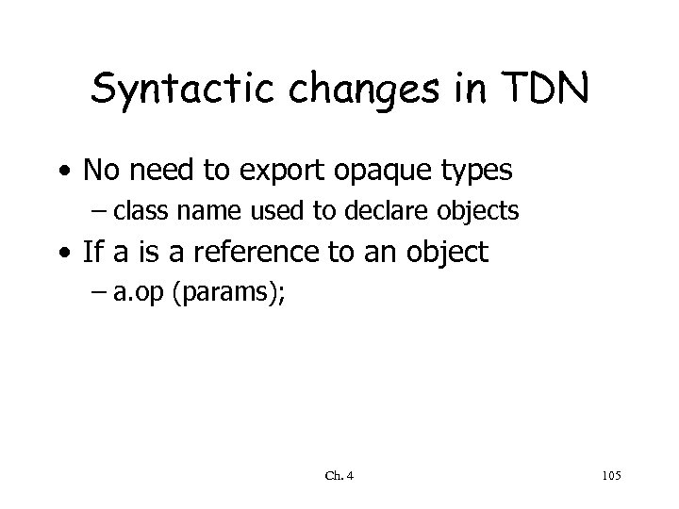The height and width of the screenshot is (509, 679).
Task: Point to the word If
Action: (x=95, y=252)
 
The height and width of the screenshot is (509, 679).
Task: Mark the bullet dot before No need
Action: (x=62, y=172)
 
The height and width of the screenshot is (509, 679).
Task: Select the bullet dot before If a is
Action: (x=62, y=253)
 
